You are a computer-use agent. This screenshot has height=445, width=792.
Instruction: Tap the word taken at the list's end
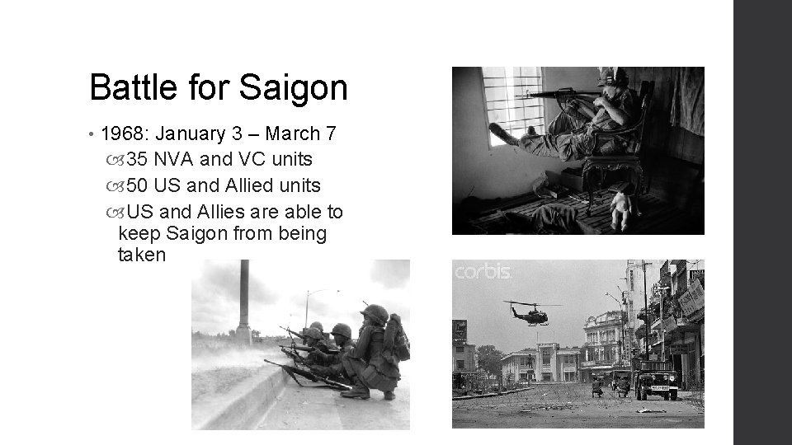[x=142, y=255]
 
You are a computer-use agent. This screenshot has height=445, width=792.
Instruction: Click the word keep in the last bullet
[x=140, y=234]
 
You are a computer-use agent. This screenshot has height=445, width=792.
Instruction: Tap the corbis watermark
[x=483, y=272]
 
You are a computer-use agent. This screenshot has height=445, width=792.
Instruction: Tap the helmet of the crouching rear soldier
[x=375, y=314]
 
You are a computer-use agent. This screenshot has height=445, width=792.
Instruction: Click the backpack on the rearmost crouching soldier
[x=397, y=338]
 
